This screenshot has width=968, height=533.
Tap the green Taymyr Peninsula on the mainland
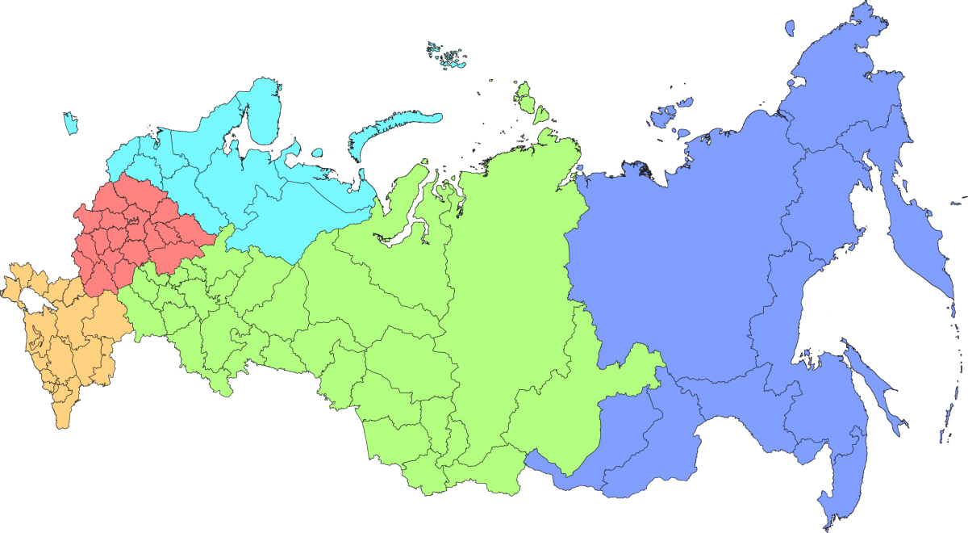516,162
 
